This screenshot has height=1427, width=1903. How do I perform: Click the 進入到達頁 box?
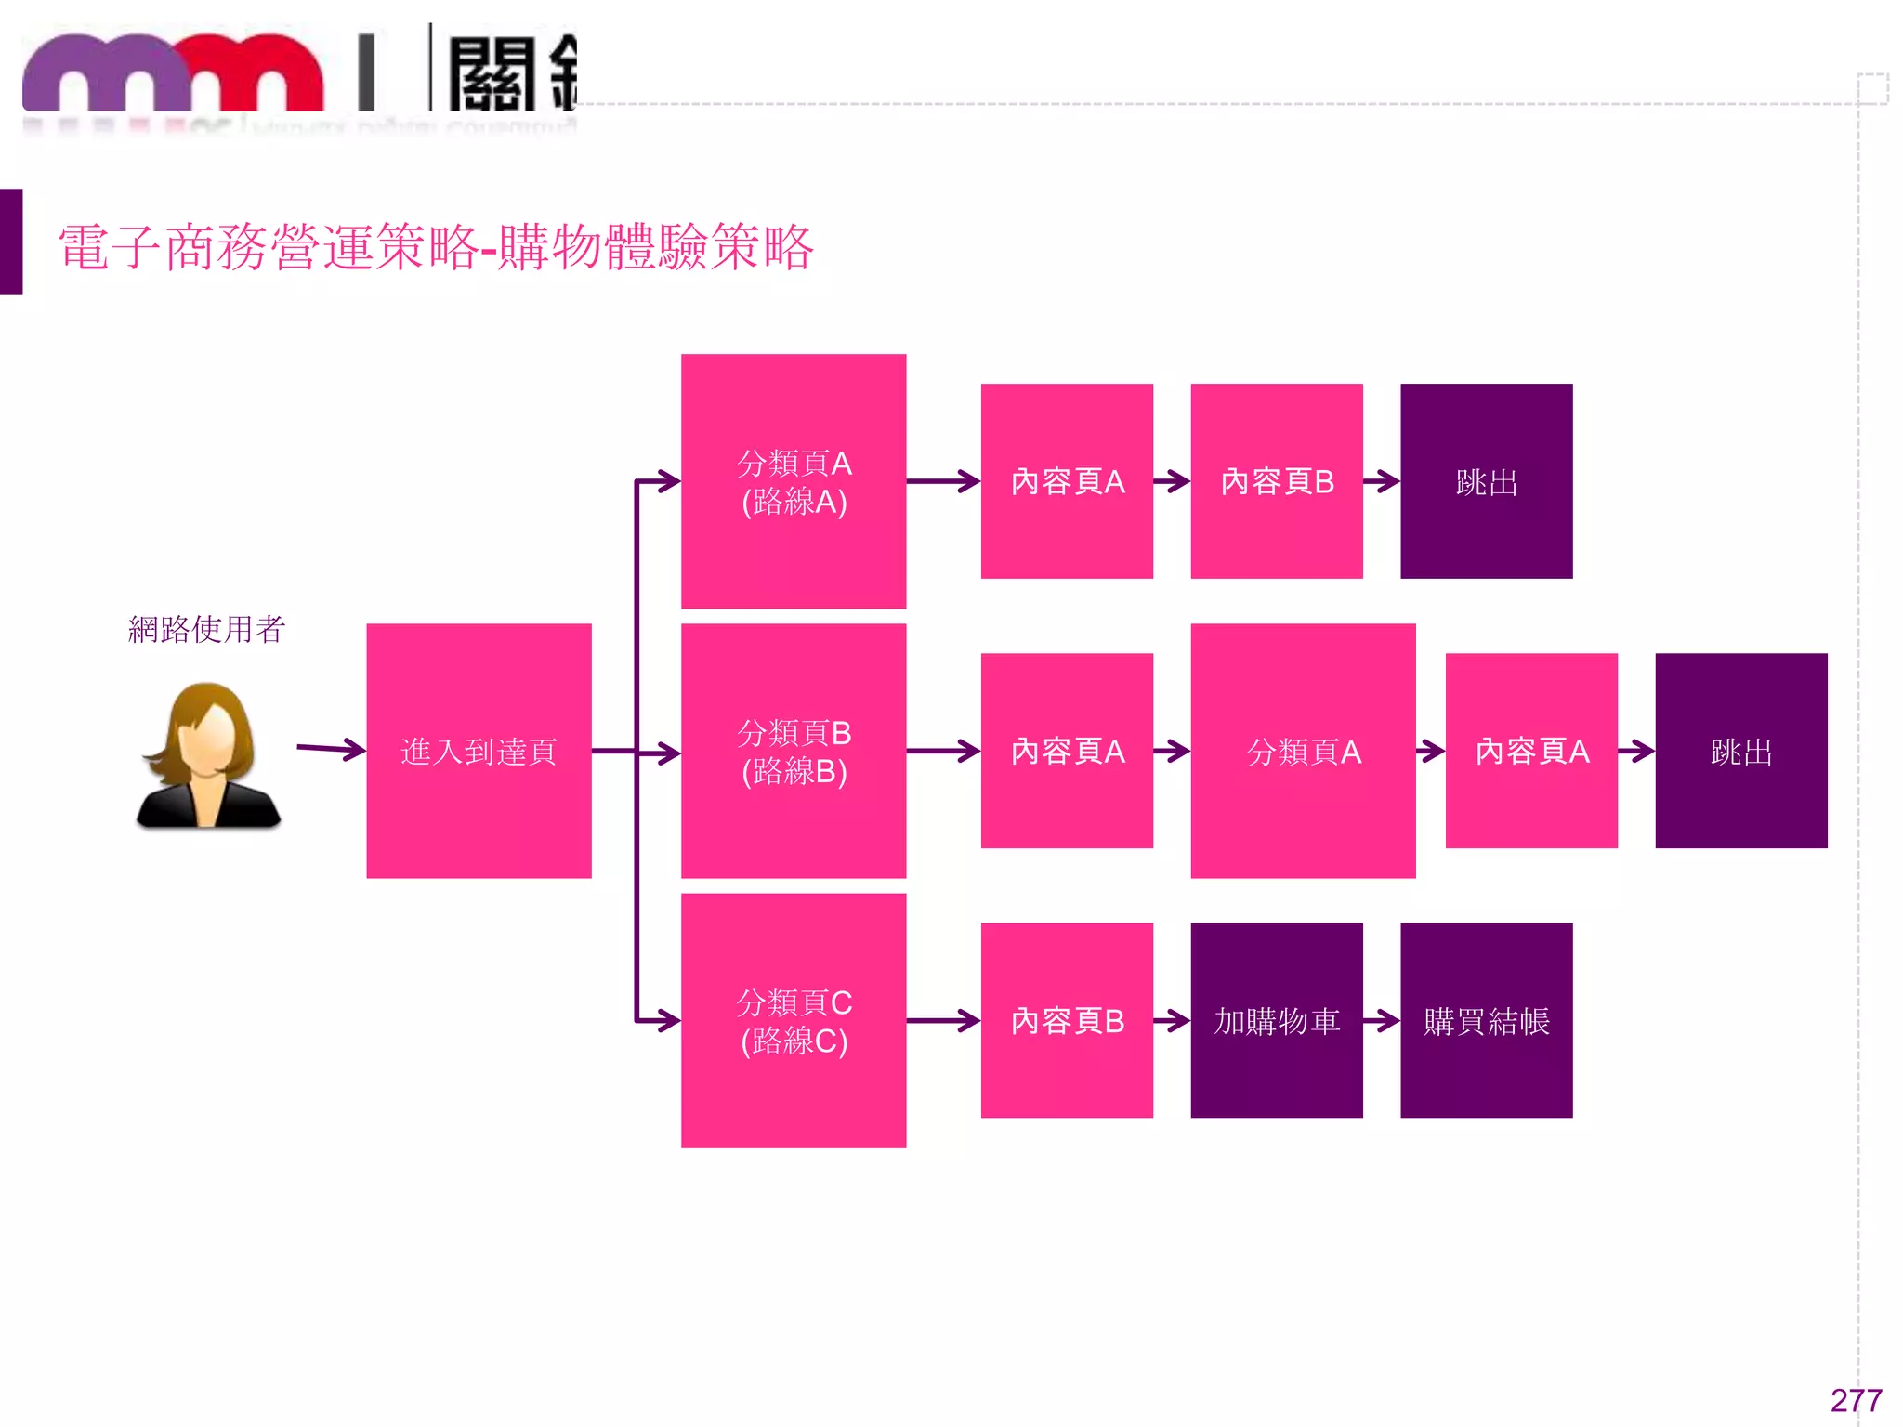(479, 751)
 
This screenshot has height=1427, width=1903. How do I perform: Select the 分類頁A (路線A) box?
(794, 481)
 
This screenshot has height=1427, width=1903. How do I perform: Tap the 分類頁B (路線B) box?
(794, 751)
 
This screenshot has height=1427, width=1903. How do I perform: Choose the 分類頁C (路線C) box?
(794, 1020)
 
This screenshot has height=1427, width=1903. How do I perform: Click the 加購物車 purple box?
(1277, 1020)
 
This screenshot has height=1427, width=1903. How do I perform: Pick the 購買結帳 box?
(1486, 1020)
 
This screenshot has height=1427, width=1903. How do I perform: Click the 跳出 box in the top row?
(1486, 481)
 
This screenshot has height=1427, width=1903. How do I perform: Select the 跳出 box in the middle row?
(1740, 751)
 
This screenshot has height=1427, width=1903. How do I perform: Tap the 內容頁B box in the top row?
(1277, 481)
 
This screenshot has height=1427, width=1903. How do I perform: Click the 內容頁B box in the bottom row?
(1067, 1020)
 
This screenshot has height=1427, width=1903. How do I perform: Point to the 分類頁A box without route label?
(1303, 751)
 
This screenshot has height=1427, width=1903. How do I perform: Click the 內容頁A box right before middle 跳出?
(1531, 751)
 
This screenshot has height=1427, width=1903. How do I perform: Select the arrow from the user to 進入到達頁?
(331, 748)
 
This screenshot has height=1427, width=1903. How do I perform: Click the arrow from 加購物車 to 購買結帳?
(1382, 1021)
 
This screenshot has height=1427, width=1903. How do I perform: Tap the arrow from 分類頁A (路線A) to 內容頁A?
(943, 481)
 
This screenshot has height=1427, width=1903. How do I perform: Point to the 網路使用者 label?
(206, 630)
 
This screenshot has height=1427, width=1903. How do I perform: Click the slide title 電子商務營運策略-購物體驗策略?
(436, 248)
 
